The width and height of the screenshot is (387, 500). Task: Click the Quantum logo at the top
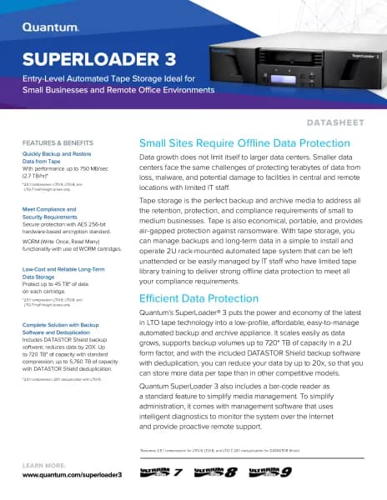pyautogui.click(x=51, y=26)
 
